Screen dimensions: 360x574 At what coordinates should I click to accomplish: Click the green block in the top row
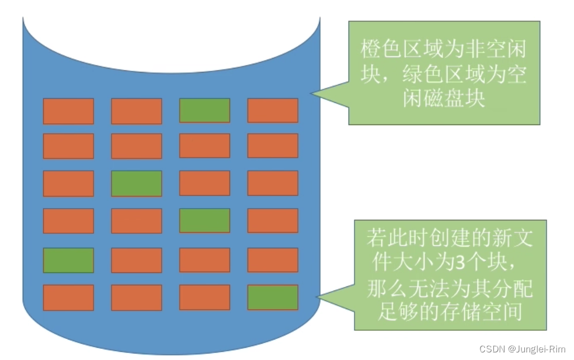click(204, 110)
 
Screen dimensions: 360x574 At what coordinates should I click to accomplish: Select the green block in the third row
click(136, 184)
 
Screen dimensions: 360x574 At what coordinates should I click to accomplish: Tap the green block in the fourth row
click(204, 220)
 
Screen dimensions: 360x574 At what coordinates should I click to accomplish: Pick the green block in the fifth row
click(68, 260)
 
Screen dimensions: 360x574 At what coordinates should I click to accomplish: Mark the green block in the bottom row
click(273, 297)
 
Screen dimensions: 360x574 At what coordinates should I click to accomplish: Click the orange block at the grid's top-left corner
click(68, 111)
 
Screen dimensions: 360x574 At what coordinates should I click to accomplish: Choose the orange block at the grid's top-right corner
click(273, 110)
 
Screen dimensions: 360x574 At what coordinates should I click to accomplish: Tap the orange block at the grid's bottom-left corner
click(68, 297)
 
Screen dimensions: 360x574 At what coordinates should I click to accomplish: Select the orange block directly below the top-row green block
click(204, 146)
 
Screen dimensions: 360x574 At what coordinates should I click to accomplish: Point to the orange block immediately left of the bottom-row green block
click(204, 297)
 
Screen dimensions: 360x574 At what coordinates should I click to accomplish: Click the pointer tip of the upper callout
click(311, 94)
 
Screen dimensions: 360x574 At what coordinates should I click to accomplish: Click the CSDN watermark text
click(492, 349)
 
